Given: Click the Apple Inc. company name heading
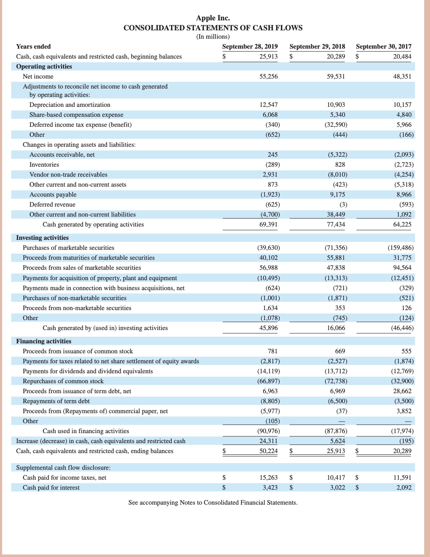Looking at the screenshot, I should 213,18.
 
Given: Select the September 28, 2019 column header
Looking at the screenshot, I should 250,47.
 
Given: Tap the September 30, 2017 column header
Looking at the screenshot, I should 384,47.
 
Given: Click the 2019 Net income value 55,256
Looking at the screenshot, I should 269,76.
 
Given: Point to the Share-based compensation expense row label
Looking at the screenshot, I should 76,115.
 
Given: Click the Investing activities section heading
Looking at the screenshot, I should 42,238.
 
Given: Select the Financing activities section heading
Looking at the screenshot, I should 44,341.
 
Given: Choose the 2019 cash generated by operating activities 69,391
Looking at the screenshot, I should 269,224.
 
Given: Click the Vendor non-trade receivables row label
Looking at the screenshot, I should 68,175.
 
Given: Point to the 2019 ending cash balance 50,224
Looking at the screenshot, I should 269,451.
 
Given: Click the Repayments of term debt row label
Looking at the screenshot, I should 56,401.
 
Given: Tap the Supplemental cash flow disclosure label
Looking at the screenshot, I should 63,468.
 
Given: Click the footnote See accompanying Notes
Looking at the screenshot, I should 213,503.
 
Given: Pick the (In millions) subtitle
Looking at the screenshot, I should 213,37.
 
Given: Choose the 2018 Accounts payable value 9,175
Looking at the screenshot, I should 337,195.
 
